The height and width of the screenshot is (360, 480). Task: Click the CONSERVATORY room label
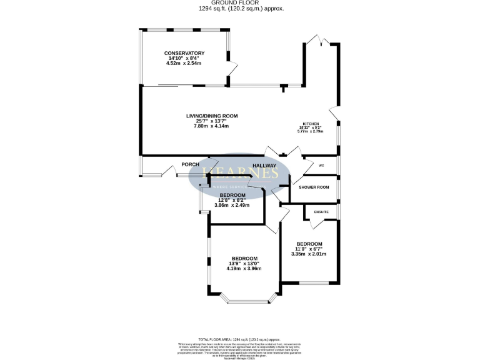pyautogui.click(x=184, y=53)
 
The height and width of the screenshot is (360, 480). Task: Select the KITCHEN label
pyautogui.click(x=311, y=124)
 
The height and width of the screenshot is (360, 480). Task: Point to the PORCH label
pyautogui.click(x=190, y=164)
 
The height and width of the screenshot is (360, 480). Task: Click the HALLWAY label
pyautogui.click(x=264, y=166)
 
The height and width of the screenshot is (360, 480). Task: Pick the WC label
pyautogui.click(x=321, y=166)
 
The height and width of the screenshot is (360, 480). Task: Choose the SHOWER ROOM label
pyautogui.click(x=314, y=187)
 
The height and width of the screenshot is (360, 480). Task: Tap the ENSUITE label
pyautogui.click(x=321, y=212)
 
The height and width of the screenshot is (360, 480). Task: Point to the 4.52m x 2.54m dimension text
pyautogui.click(x=184, y=64)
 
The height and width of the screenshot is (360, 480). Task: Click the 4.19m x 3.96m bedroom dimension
pyautogui.click(x=244, y=269)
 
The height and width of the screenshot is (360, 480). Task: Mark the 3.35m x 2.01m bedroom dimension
pyautogui.click(x=309, y=254)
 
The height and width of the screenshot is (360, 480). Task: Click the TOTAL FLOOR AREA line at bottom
pyautogui.click(x=240, y=338)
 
